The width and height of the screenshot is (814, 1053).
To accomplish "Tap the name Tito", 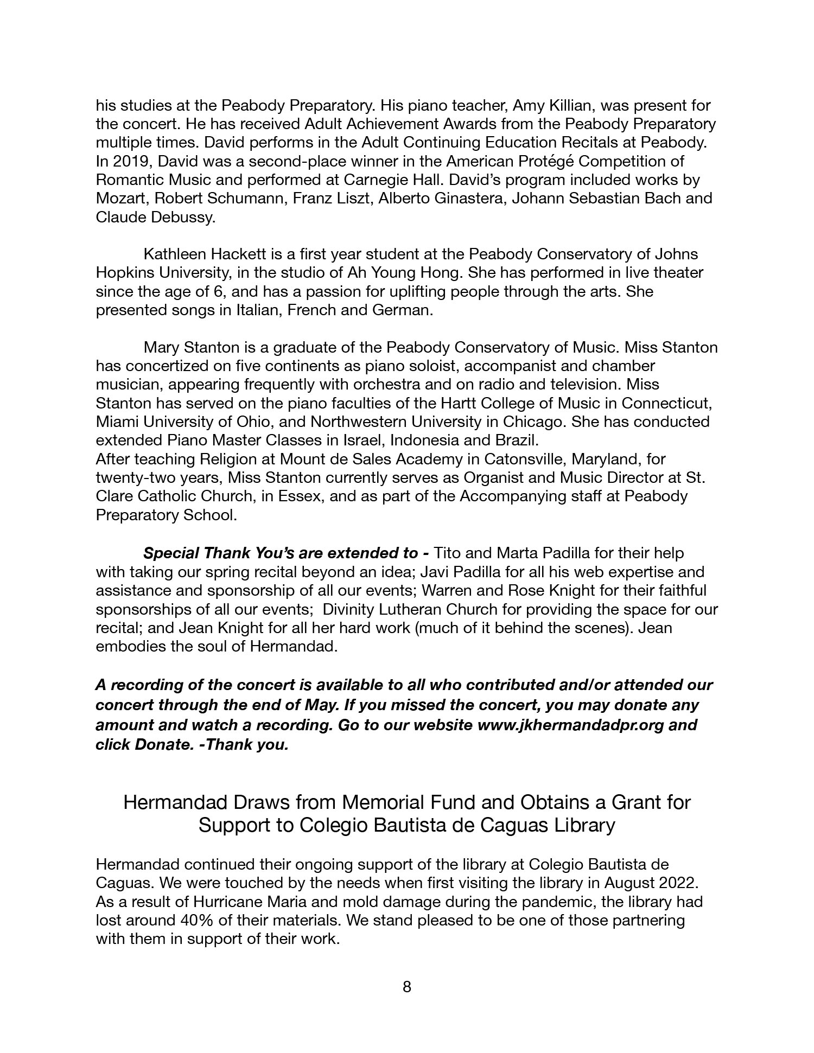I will click(448, 553).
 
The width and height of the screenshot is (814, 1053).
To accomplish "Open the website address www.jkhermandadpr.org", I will click(570, 725).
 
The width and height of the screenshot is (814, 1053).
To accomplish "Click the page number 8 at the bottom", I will click(407, 987).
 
